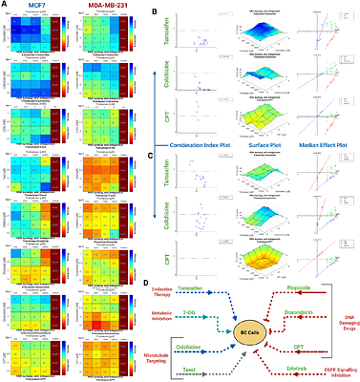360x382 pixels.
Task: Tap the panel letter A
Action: [5, 6]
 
